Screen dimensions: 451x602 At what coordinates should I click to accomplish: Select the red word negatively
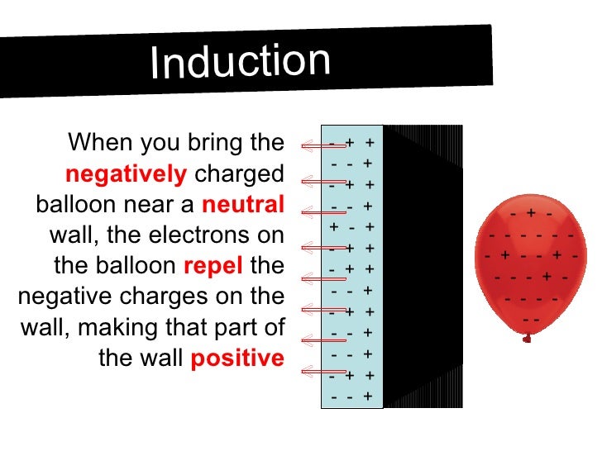(x=127, y=175)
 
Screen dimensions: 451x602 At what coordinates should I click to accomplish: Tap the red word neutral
(x=243, y=206)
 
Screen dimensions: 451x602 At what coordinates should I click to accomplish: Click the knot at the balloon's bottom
(x=526, y=338)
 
